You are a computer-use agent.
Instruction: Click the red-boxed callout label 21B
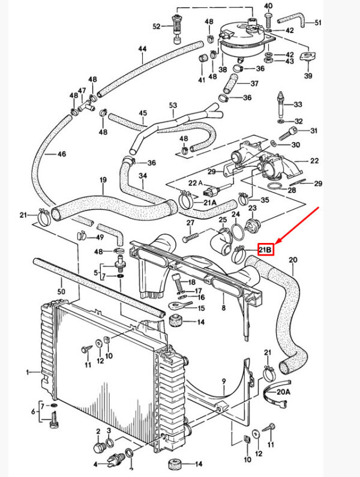pos(266,250)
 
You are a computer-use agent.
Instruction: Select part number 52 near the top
pos(157,27)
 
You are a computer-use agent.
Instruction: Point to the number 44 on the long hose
pos(142,49)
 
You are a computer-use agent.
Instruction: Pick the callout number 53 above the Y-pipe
pos(173,105)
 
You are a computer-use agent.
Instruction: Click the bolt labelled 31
pos(288,133)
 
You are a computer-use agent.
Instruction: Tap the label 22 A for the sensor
pos(196,183)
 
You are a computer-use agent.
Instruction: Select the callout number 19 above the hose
pos(103,180)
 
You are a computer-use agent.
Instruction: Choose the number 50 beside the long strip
pos(61,292)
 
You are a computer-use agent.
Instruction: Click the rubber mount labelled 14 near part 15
pos(176,321)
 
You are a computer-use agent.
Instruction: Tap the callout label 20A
pos(283,392)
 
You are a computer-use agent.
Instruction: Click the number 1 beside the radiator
pos(28,372)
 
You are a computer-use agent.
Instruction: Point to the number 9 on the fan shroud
pos(224,380)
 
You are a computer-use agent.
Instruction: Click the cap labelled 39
pos(308,56)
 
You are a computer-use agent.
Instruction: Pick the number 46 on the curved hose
pos(61,154)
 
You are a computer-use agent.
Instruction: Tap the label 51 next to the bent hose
pos(318,23)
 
